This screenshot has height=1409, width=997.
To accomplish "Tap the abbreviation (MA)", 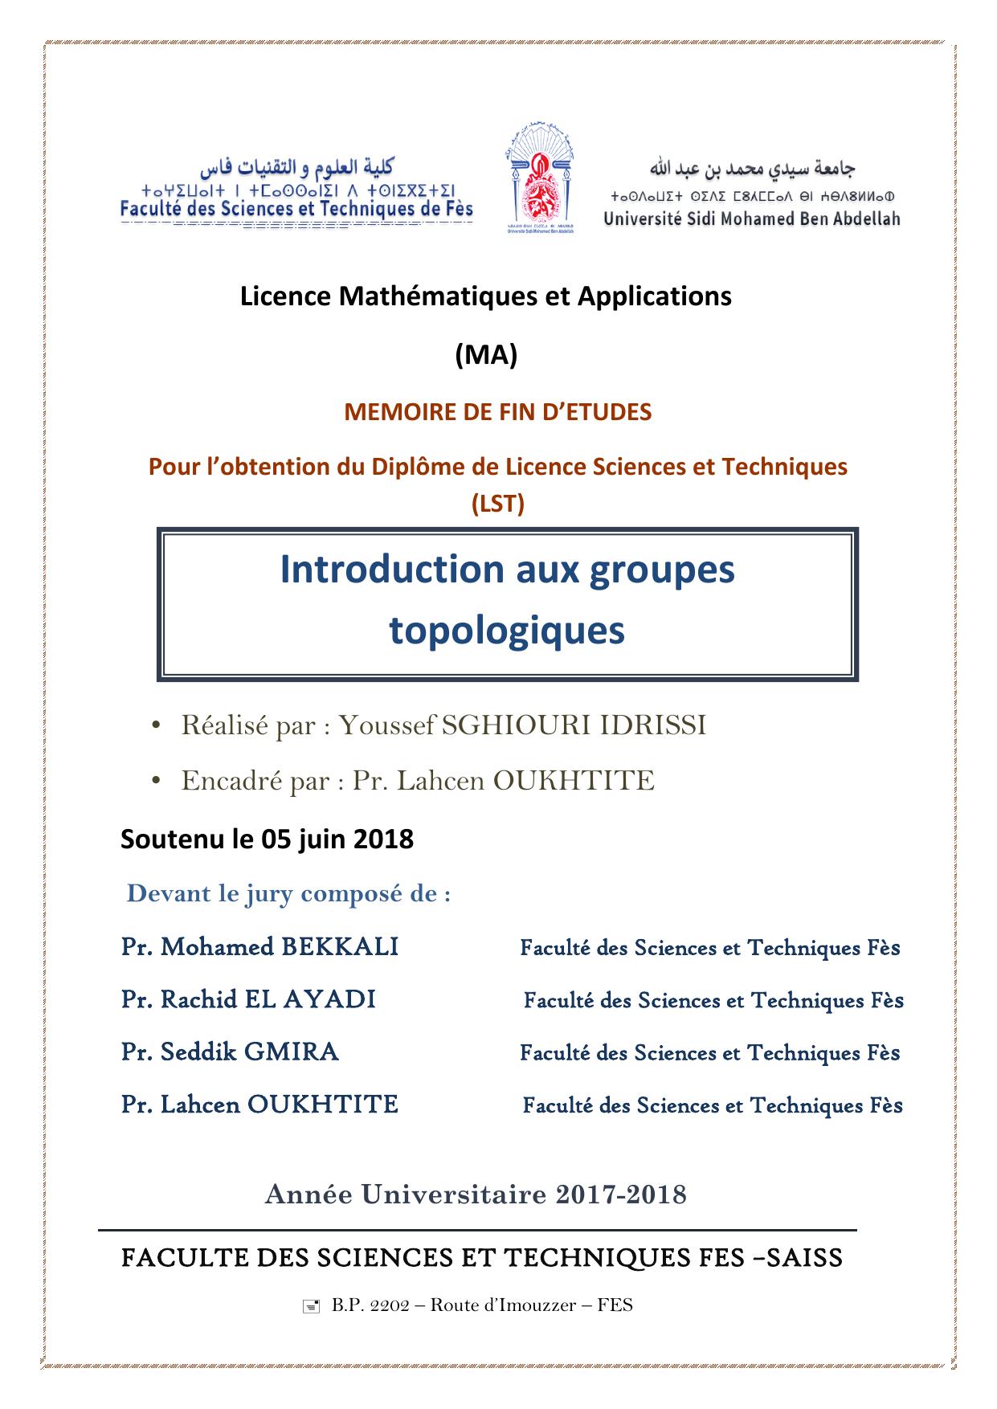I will (x=486, y=354).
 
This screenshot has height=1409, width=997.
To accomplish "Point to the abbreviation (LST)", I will (x=498, y=504).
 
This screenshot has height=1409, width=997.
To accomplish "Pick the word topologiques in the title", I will (x=507, y=631).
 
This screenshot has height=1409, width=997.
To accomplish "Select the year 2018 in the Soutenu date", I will (x=383, y=839).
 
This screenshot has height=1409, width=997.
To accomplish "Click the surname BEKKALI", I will (x=340, y=947).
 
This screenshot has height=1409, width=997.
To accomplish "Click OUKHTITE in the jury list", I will (x=323, y=1105).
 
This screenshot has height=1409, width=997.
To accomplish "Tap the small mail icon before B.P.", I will (x=311, y=1306).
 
